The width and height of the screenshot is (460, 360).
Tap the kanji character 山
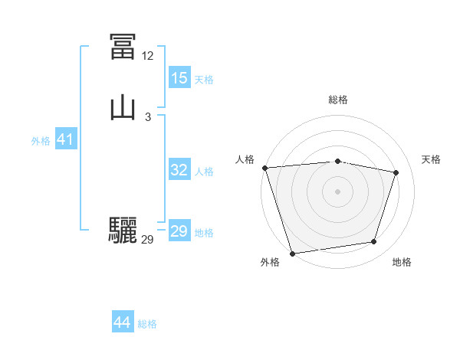[123, 107]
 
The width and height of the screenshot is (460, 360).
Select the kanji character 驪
[123, 231]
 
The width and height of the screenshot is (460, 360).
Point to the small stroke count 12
[147, 56]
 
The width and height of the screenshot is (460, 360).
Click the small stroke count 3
[147, 116]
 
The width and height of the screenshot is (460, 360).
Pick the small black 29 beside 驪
[147, 240]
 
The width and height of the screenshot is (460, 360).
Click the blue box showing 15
[179, 78]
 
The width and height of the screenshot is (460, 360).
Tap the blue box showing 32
[179, 170]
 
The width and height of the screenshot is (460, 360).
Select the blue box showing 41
[65, 139]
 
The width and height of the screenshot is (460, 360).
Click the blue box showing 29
[179, 231]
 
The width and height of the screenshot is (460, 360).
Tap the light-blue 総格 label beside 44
[147, 324]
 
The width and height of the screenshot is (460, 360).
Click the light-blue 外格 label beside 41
[41, 141]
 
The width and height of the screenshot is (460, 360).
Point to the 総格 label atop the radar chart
[337, 100]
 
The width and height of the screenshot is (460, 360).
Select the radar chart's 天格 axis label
[431, 159]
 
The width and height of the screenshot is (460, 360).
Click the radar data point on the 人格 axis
[264, 168]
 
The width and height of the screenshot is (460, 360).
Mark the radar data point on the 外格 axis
[292, 253]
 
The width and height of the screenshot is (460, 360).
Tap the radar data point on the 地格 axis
[374, 242]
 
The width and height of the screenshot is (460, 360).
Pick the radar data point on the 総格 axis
[337, 161]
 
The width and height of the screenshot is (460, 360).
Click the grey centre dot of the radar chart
[337, 191]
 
